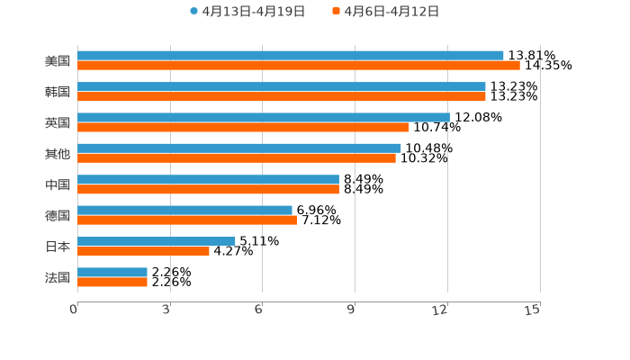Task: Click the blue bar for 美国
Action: pos(291,56)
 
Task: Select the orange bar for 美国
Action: pos(299,66)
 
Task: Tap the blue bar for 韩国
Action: pos(282,86)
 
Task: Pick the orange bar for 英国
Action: pos(243,127)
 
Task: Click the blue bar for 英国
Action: pos(264,117)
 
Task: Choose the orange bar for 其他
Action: pos(237,158)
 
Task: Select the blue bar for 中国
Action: pos(208,179)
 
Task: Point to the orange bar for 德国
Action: pos(187,220)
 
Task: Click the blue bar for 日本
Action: pos(157,241)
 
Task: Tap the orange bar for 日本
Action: pos(143,251)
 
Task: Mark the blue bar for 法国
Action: pos(112,272)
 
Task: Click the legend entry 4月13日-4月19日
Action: pos(247,12)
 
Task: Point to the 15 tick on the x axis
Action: pos(533,310)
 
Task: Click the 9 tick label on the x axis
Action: pos(351,310)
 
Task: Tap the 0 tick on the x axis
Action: pos(74,310)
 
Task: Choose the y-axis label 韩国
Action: pos(58,92)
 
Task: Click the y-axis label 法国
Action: pos(58,277)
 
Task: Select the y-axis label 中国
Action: pos(58,184)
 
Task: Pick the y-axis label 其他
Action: pos(58,153)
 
